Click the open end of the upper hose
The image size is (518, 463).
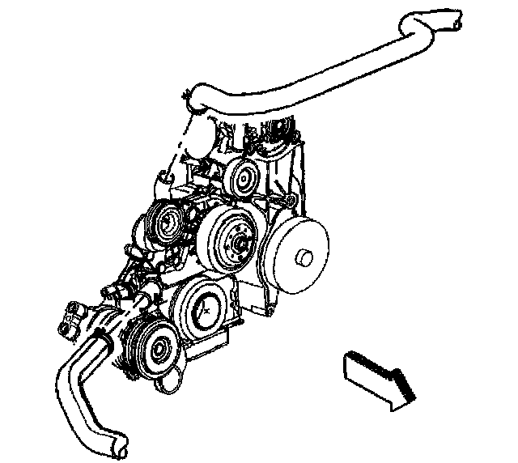pyautogui.click(x=457, y=25)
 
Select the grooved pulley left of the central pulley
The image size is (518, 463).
pyautogui.click(x=168, y=222)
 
